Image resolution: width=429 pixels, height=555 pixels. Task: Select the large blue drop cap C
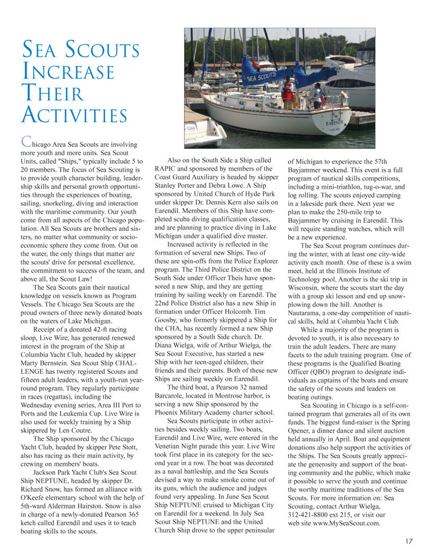pos(25,142)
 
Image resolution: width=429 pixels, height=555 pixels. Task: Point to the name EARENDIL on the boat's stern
pos(335,123)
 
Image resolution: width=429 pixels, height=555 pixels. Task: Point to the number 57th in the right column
pos(379,161)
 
